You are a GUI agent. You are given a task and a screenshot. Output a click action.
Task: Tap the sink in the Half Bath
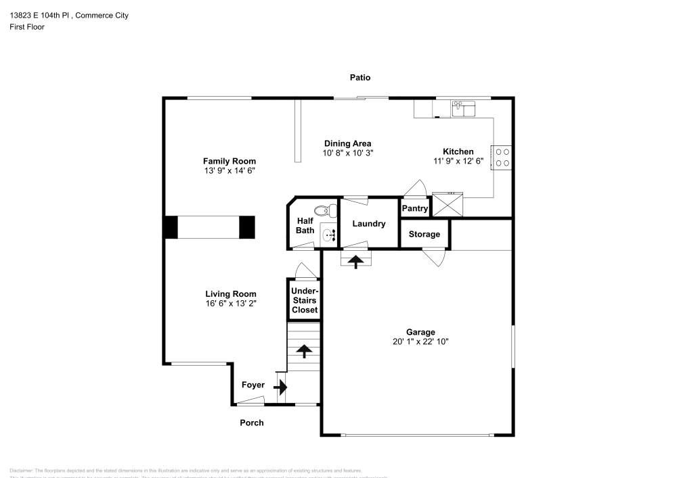(x=328, y=235)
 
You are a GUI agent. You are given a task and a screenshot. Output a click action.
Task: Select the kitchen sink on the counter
(x=464, y=107)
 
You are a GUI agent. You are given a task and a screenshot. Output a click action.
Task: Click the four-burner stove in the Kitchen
(x=502, y=158)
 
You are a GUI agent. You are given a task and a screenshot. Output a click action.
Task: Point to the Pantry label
(x=415, y=208)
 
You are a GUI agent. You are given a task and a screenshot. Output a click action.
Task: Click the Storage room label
(x=424, y=234)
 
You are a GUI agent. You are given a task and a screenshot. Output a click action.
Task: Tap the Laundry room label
(x=368, y=224)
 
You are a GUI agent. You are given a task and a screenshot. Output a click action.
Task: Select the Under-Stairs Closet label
(x=304, y=300)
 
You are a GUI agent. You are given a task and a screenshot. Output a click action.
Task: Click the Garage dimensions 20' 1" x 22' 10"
(x=420, y=341)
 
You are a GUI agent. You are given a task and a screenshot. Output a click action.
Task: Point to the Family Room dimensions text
(x=230, y=171)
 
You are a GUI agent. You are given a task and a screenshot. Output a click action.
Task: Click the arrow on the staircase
(x=304, y=351)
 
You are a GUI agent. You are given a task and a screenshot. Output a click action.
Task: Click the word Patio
(x=359, y=78)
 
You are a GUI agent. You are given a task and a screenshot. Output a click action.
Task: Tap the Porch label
(x=252, y=423)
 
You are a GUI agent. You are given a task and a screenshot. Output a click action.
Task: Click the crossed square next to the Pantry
(x=447, y=204)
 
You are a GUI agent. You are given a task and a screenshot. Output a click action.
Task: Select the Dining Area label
(x=347, y=143)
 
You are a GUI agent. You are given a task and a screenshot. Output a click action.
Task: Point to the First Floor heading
(x=27, y=27)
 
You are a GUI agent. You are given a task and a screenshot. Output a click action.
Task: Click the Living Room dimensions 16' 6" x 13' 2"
(x=231, y=304)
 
